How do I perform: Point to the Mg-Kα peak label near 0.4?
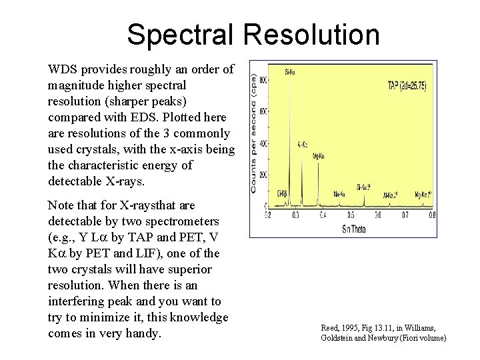pyautogui.click(x=320, y=157)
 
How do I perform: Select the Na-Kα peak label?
pyautogui.click(x=340, y=193)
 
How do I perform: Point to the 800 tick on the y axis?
pyautogui.click(x=263, y=80)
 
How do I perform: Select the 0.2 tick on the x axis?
pyautogui.click(x=267, y=215)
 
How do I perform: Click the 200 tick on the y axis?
pyautogui.click(x=263, y=174)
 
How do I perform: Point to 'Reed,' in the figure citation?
pyautogui.click(x=330, y=329)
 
